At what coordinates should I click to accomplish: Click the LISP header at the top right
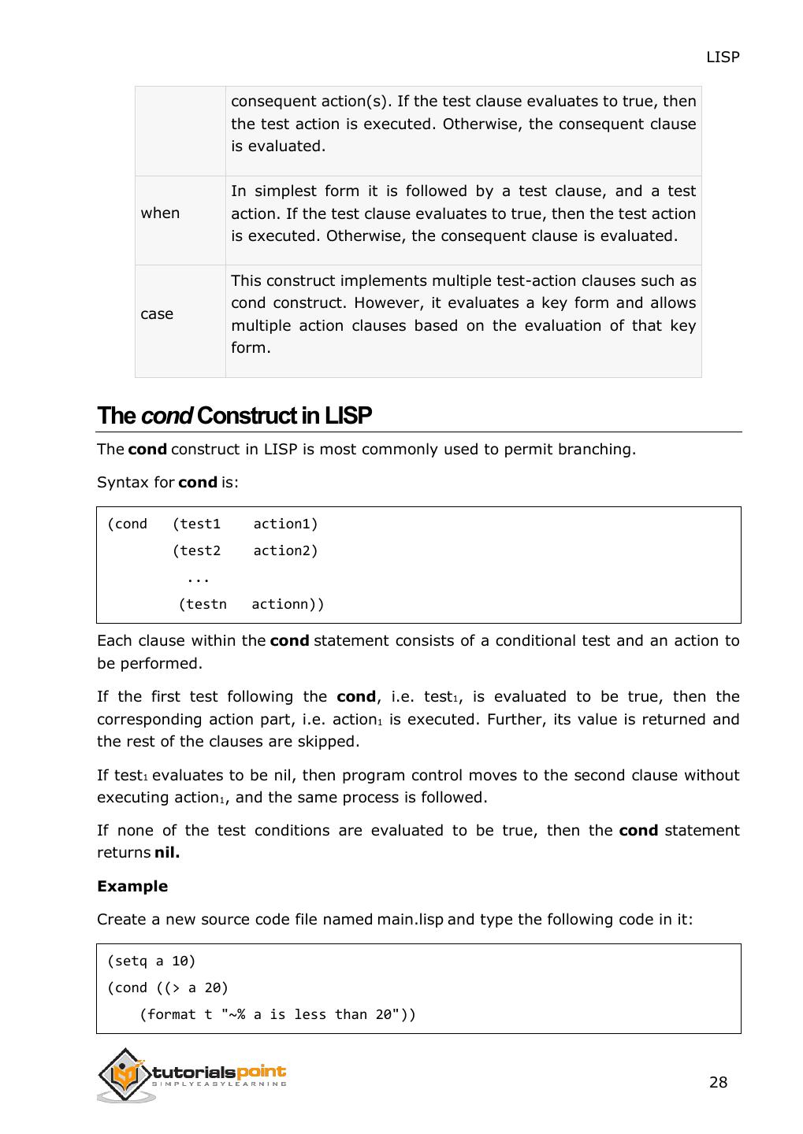pos(722,57)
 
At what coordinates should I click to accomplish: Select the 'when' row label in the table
pos(160,213)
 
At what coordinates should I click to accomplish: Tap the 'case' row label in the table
pos(157,314)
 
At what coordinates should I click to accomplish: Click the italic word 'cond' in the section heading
pos(166,416)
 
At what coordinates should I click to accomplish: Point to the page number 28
pos(718,1083)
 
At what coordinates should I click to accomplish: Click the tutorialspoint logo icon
pos(124,1074)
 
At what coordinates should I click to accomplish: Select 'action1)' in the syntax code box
pos(285,524)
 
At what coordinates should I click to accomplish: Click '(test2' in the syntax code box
pos(196,551)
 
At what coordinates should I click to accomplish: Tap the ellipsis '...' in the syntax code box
pos(198,578)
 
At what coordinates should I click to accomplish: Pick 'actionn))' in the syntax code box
pos(288,605)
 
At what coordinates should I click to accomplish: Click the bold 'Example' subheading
pos(132,887)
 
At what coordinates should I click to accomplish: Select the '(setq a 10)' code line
pos(151,962)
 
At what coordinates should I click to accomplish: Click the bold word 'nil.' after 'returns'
pos(167,853)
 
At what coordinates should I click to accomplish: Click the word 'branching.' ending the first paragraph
pos(596,450)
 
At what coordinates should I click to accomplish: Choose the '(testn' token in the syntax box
pos(203,605)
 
